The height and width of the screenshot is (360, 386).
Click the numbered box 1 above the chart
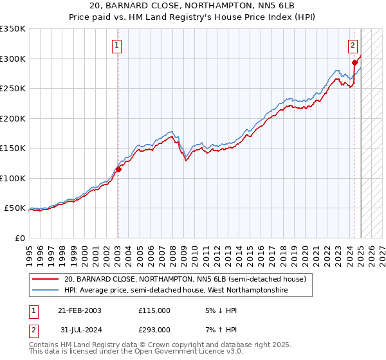[x=117, y=45]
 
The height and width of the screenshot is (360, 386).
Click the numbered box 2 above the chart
[x=353, y=45]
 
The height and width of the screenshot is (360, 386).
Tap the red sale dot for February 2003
[x=118, y=170]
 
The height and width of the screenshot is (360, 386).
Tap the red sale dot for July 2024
[x=354, y=62]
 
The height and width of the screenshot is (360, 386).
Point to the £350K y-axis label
[x=13, y=29]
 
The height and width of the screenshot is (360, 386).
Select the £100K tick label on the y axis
[x=13, y=178]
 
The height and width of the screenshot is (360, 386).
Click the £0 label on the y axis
[x=19, y=238]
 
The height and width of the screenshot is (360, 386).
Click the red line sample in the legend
[x=46, y=279]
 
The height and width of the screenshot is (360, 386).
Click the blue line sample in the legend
[x=46, y=291]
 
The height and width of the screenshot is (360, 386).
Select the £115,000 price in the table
[x=154, y=310]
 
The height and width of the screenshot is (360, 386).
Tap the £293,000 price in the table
[x=154, y=330]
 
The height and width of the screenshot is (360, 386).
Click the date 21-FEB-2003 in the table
[x=80, y=310]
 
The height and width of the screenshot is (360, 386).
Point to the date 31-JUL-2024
[x=80, y=330]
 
